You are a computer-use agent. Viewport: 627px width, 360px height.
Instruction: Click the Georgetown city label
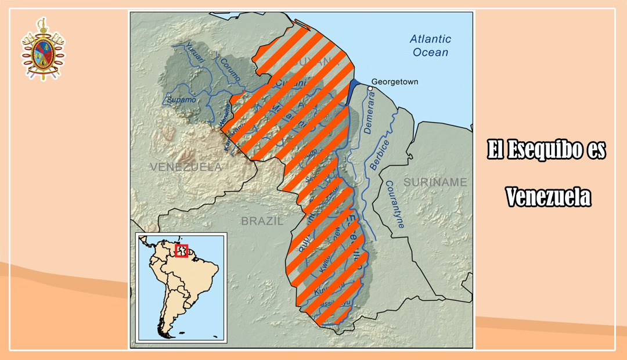[395, 82]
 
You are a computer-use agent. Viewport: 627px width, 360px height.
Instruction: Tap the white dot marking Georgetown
[370, 88]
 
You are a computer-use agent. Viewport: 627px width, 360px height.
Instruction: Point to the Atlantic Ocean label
[430, 46]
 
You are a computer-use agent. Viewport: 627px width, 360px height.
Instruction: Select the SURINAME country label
[435, 182]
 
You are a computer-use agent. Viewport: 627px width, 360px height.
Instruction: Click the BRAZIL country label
[262, 221]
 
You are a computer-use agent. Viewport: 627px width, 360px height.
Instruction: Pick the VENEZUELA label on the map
[186, 167]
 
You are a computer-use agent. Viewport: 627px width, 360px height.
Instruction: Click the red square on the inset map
[181, 250]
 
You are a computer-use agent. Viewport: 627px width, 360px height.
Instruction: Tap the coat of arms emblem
[43, 49]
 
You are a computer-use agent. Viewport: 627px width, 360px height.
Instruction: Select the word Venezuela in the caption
[547, 197]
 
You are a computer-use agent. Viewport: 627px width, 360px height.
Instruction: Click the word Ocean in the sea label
[430, 52]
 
